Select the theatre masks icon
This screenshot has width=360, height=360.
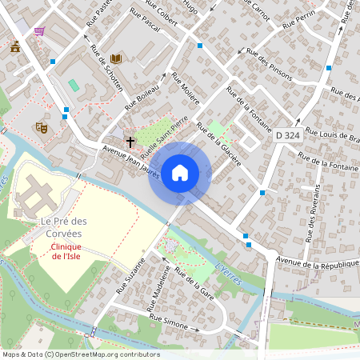[42, 126]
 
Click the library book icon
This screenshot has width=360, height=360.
[116, 58]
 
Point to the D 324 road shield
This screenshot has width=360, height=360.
[289, 136]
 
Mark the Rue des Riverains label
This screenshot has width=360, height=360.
[314, 213]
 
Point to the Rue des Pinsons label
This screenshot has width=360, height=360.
[267, 63]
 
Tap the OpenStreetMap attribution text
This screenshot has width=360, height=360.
[80, 354]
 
